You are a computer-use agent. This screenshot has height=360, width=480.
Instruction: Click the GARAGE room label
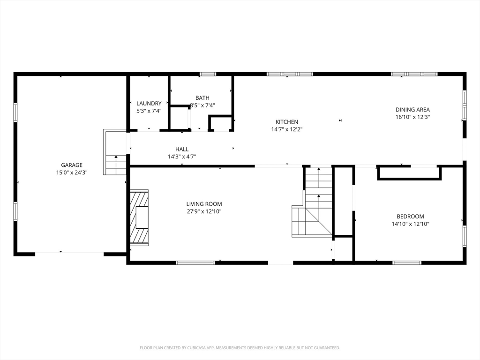72,165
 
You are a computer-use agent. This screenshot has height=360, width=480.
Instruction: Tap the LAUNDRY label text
149,104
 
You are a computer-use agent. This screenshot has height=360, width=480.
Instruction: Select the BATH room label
202,98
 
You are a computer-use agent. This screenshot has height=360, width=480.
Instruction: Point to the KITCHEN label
287,122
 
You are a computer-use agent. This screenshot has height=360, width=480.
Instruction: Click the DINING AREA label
412,110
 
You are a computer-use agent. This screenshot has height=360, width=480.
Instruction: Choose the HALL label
182,150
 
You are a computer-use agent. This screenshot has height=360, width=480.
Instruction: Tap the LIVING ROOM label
204,204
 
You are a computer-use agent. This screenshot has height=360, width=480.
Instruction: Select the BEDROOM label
410,217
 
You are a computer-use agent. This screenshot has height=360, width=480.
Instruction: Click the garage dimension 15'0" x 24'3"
72,172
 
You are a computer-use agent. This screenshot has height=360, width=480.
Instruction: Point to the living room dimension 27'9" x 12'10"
204,211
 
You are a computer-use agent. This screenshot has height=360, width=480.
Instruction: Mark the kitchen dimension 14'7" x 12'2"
287,129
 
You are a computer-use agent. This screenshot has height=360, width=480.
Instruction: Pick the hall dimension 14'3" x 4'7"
182,157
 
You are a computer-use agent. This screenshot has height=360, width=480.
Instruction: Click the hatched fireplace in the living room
139,217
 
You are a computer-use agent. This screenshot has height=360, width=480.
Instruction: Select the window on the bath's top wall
208,74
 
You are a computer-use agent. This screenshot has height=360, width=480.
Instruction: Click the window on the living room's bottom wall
195,262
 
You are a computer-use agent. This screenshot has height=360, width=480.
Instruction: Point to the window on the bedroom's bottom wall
407,262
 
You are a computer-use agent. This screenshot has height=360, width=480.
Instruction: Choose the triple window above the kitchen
290,74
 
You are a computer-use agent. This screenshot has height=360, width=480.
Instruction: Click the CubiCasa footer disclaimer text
240,348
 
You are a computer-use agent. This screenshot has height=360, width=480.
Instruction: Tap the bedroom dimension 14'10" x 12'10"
410,224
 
